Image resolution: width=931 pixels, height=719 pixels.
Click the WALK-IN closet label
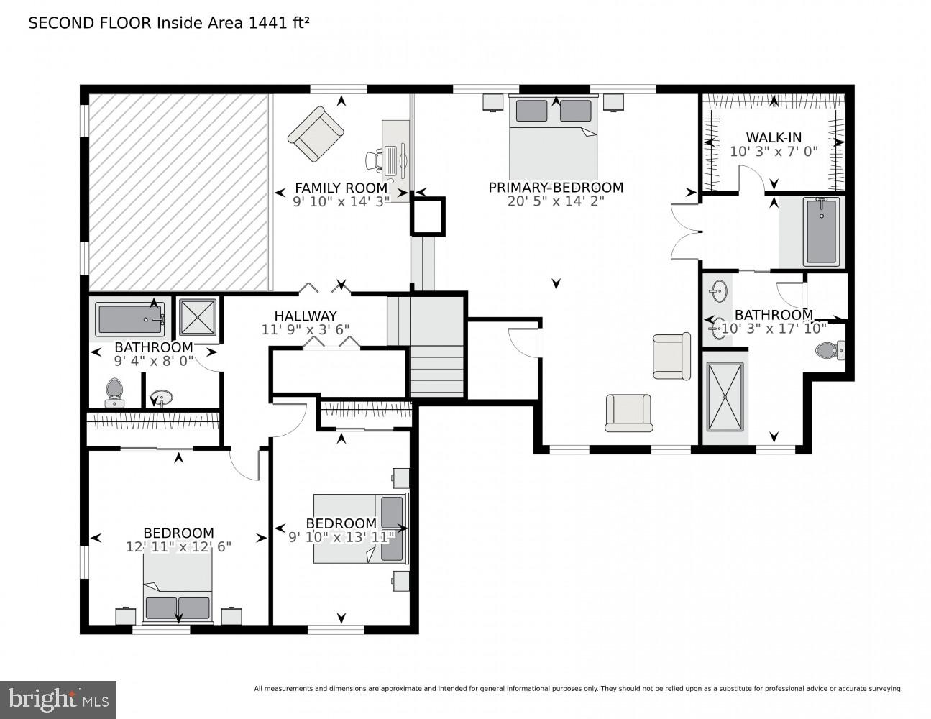click(774, 137)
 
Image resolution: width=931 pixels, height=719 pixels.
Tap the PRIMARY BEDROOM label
click(555, 188)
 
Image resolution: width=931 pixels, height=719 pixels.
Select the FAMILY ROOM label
click(341, 188)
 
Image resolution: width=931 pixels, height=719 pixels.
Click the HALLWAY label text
click(305, 316)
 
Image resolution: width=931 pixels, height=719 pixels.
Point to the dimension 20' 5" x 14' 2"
click(555, 201)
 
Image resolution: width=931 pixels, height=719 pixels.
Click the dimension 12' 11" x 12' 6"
click(178, 546)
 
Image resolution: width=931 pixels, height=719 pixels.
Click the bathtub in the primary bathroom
click(821, 232)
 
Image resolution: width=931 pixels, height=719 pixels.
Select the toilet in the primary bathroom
click(831, 351)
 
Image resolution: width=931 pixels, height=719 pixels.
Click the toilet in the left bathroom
click(114, 390)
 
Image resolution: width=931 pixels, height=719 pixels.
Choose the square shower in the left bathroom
click(197, 317)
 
